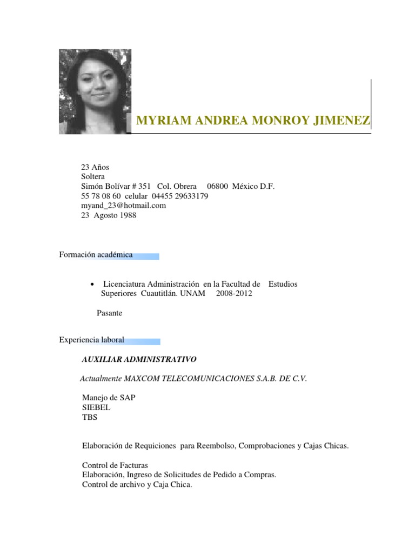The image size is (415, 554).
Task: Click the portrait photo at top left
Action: pos(95,91)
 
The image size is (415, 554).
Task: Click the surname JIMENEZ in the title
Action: pos(345,121)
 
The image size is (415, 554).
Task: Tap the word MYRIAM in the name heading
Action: pos(159,121)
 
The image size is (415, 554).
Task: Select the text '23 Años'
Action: pos(95,167)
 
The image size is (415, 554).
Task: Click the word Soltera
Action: pos(93,177)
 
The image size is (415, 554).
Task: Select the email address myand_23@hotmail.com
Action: pos(123,206)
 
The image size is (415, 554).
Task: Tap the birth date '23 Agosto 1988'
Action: pos(109,215)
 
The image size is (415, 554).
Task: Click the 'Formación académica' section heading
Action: pos(96,255)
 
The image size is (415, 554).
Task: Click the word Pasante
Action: pos(109,313)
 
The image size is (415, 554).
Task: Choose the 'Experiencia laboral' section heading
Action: pos(91,340)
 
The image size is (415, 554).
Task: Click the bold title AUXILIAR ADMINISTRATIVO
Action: pos(139,359)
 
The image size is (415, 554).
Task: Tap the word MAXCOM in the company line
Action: pos(140,379)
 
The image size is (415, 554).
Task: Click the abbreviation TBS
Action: pos(90,417)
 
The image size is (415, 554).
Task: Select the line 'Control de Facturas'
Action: pos(115,465)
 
